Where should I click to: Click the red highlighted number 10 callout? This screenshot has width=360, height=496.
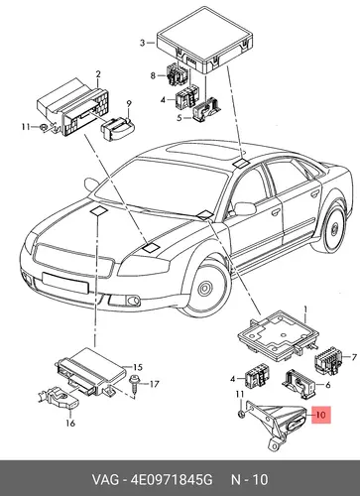[x=320, y=415]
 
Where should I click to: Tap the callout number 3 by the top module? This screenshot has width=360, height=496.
[x=142, y=43]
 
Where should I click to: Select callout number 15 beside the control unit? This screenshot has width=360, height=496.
[x=138, y=367]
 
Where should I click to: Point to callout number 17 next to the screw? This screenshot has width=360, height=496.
[x=154, y=384]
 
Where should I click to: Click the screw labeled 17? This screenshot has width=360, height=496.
[x=135, y=385]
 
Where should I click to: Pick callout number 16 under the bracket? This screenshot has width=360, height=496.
[x=70, y=423]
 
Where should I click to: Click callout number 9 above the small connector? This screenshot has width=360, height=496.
[x=129, y=104]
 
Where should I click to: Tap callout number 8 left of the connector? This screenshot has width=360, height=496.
[x=153, y=76]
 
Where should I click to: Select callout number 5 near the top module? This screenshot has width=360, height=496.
[x=180, y=118]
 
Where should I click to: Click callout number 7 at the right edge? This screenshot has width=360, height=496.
[x=354, y=357]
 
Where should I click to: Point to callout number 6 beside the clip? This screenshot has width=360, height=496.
[x=328, y=385]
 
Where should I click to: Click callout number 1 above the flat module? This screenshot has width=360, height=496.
[x=305, y=310]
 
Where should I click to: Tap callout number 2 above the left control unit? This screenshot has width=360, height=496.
[x=98, y=74]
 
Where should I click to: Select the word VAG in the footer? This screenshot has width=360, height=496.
[x=105, y=480]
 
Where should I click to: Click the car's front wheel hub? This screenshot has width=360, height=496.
[x=205, y=288]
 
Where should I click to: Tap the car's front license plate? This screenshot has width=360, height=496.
[x=65, y=283]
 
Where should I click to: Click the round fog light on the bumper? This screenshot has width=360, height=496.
[x=134, y=301]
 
